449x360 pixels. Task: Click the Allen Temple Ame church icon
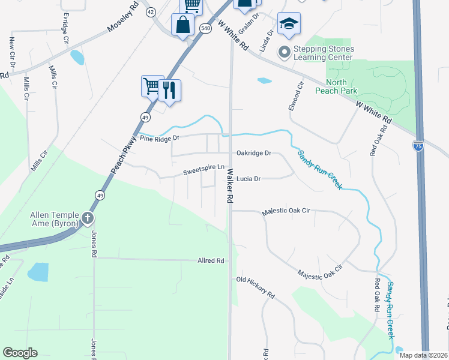pos(88,218)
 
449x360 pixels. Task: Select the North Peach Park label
pos(341,86)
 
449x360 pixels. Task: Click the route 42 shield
pos(150,12)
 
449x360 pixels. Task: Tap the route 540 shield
pos(206,28)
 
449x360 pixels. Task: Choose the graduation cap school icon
pos(289,24)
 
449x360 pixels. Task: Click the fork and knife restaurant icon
pos(169,91)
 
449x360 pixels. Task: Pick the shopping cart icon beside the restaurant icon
pos(152,86)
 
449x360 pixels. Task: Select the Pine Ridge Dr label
pos(160,138)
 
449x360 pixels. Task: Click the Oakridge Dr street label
pos(253,153)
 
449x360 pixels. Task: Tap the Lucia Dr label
pos(249,179)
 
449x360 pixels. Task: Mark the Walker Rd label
pos(229,187)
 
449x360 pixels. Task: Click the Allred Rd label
pos(211,261)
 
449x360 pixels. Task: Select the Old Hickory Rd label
pos(255,288)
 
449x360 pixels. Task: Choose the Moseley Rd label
pos(122,21)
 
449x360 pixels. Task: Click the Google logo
pos(20,353)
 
